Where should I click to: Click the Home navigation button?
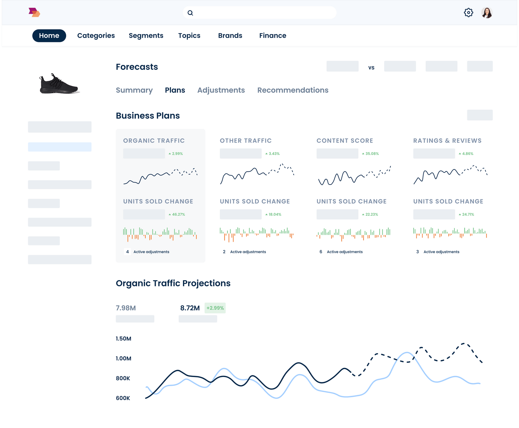click(x=49, y=36)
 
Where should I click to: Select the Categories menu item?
click(x=96, y=36)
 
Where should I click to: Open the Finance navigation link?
click(x=272, y=36)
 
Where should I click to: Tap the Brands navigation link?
click(x=230, y=36)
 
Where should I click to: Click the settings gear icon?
click(x=468, y=13)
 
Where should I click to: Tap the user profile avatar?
click(x=487, y=13)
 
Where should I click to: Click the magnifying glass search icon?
click(x=190, y=13)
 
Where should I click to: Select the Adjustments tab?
click(x=221, y=90)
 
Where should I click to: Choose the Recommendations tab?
click(x=293, y=90)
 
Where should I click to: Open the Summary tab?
click(x=134, y=90)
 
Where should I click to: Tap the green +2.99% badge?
click(x=215, y=308)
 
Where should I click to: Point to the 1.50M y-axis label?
click(x=124, y=339)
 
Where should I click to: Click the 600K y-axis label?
click(x=123, y=398)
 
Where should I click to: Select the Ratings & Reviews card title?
click(x=447, y=141)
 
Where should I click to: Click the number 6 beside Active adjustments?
click(x=321, y=252)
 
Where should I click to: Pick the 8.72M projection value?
click(x=190, y=308)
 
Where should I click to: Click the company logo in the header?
click(x=34, y=12)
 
